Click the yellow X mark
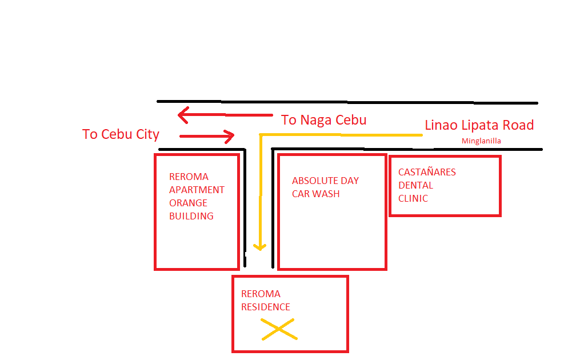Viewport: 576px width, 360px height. point(278,330)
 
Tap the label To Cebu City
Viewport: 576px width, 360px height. point(121,134)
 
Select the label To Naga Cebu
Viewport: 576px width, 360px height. point(323,120)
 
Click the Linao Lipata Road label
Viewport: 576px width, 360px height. point(479,125)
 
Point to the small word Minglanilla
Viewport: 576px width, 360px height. point(481,141)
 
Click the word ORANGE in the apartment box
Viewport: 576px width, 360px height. point(188,203)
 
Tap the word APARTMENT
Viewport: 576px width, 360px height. point(197,190)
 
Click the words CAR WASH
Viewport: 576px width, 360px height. point(315,194)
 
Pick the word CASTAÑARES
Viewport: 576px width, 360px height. point(427,172)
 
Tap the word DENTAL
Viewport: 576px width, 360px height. point(415,185)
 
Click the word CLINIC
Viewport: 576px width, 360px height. point(413,198)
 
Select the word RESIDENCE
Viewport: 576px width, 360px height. point(265,307)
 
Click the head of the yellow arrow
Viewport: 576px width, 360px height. point(260,247)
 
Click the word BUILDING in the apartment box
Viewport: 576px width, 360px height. point(191,216)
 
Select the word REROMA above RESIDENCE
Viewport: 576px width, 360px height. point(261,294)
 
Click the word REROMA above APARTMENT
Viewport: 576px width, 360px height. point(189,177)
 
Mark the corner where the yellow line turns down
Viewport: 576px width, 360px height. point(261,135)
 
